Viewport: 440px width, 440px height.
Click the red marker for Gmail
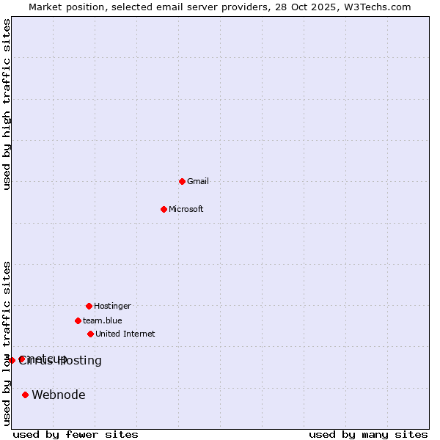pyautogui.click(x=182, y=181)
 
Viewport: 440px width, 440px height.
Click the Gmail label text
pyautogui.click(x=198, y=181)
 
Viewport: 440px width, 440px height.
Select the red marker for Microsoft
pyautogui.click(x=164, y=209)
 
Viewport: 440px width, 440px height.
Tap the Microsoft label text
pyautogui.click(x=186, y=209)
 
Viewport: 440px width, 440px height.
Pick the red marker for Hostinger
pyautogui.click(x=89, y=306)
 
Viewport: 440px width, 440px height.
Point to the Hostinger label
pyautogui.click(x=112, y=306)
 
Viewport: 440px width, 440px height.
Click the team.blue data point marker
pyautogui.click(x=78, y=320)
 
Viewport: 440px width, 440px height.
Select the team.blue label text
pyautogui.click(x=103, y=320)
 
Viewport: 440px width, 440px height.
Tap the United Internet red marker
pyautogui.click(x=90, y=334)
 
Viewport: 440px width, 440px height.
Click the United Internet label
pyautogui.click(x=125, y=334)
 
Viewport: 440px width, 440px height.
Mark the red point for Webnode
pyautogui.click(x=25, y=395)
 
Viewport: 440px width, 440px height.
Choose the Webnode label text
pyautogui.click(x=59, y=395)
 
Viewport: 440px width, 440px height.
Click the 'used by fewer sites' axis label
pyautogui.click(x=76, y=434)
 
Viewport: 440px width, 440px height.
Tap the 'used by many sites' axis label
pyautogui.click(x=368, y=434)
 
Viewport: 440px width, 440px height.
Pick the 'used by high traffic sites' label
pyautogui.click(x=7, y=105)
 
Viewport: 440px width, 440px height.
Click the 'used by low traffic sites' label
pyautogui.click(x=7, y=342)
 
